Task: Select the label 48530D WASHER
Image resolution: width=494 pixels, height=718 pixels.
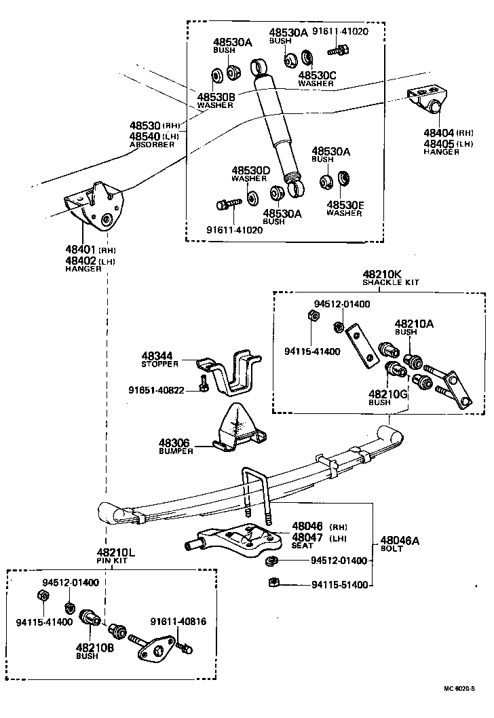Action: [x=250, y=174]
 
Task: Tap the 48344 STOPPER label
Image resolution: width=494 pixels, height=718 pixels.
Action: [x=160, y=359]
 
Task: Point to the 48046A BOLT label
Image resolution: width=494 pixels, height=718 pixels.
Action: [x=391, y=544]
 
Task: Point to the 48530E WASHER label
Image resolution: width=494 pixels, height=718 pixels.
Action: [x=345, y=208]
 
